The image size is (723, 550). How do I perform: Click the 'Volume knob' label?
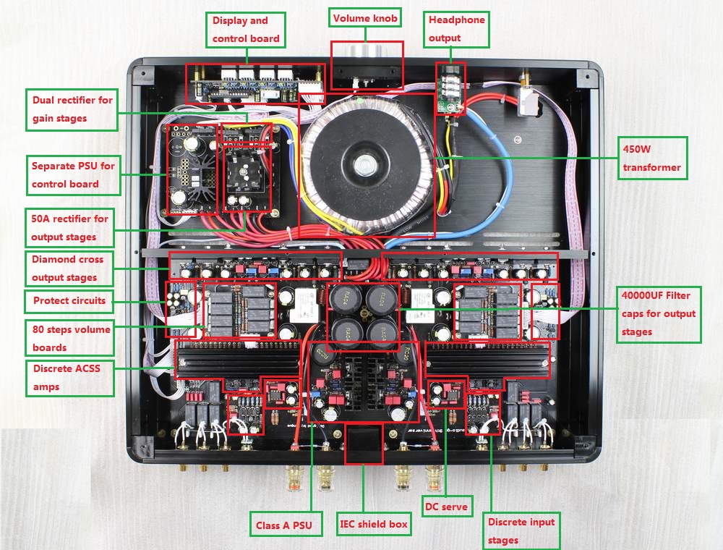(365, 19)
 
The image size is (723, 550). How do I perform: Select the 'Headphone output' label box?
(456, 29)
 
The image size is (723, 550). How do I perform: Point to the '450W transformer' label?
(652, 158)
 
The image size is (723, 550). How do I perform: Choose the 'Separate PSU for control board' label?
(73, 175)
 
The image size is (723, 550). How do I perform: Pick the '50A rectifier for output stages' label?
(70, 227)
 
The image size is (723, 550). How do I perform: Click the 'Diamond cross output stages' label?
(69, 268)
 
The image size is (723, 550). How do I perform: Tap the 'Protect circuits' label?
(69, 300)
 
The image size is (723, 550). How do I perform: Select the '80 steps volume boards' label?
(70, 338)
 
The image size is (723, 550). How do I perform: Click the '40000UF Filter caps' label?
(659, 313)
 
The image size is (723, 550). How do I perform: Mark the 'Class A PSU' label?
(284, 525)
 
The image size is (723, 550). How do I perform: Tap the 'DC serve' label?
(445, 507)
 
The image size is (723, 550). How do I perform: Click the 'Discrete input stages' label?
(521, 530)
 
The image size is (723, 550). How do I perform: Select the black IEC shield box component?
(363, 443)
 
